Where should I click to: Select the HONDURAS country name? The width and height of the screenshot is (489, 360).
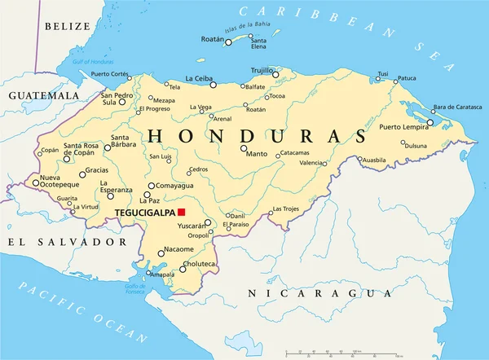pos(256,134)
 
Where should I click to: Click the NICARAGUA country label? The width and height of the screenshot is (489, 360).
pos(321,292)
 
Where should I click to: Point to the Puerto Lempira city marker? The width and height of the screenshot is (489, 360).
pos(430,123)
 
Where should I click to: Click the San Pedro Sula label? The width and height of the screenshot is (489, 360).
pos(117,99)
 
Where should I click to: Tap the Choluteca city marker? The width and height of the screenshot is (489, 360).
pos(182,268)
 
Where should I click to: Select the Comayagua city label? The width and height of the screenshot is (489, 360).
pos(175,186)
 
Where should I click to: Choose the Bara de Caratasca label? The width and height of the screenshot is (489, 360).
pos(457,108)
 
